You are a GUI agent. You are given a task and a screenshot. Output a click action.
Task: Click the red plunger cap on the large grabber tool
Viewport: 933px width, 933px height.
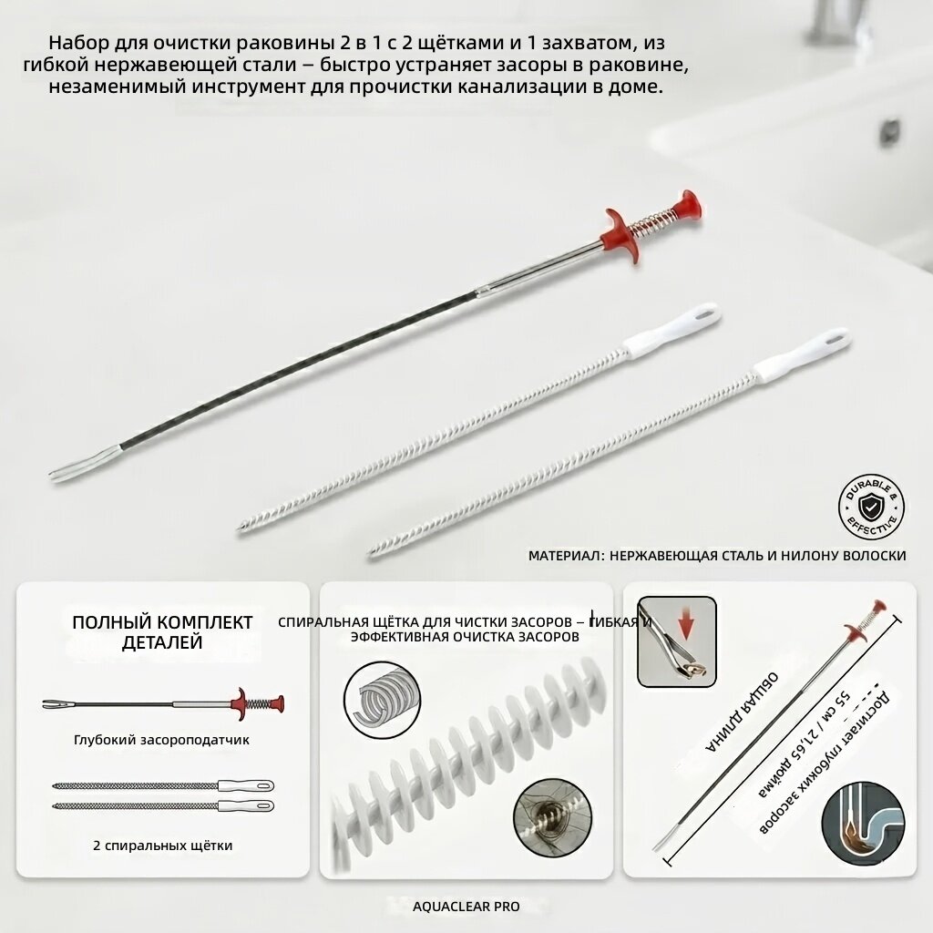point(688,205)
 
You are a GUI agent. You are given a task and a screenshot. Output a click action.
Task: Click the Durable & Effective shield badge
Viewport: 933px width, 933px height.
point(871,507)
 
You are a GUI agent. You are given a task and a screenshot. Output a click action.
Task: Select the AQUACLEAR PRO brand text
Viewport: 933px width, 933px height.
point(466,907)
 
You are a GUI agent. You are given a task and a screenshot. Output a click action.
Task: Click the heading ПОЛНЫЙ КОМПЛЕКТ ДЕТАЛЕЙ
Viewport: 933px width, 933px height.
point(162,632)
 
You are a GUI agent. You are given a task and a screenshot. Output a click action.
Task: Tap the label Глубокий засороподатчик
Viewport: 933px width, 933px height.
point(161,740)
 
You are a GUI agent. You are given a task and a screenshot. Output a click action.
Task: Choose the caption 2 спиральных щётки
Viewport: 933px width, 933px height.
point(162,846)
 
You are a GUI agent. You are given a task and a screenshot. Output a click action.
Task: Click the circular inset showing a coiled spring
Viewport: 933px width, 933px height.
point(382,700)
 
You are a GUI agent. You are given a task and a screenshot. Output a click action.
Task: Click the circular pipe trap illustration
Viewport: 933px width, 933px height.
point(864,823)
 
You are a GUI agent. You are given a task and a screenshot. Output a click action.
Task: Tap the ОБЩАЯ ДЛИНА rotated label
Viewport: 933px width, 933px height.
point(742,713)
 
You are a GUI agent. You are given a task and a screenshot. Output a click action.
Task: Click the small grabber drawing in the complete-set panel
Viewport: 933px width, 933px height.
point(163,703)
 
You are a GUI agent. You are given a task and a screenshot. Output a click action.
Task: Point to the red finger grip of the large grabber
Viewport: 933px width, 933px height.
point(617,235)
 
